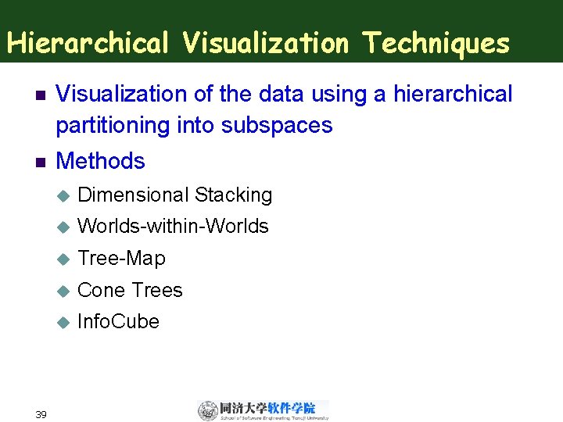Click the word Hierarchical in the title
pos(88,42)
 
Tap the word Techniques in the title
pos(436,42)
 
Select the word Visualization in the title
pos(265,42)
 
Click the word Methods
pos(101,161)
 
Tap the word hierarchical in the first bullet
pos(454,95)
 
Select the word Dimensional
pos(134,195)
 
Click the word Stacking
pos(233,195)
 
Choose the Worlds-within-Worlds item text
pos(174,227)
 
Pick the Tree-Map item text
pos(122,258)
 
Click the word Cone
pos(102,290)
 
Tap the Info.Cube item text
pos(119,321)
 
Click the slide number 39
pos(41,413)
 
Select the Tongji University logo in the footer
pos(263,410)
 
